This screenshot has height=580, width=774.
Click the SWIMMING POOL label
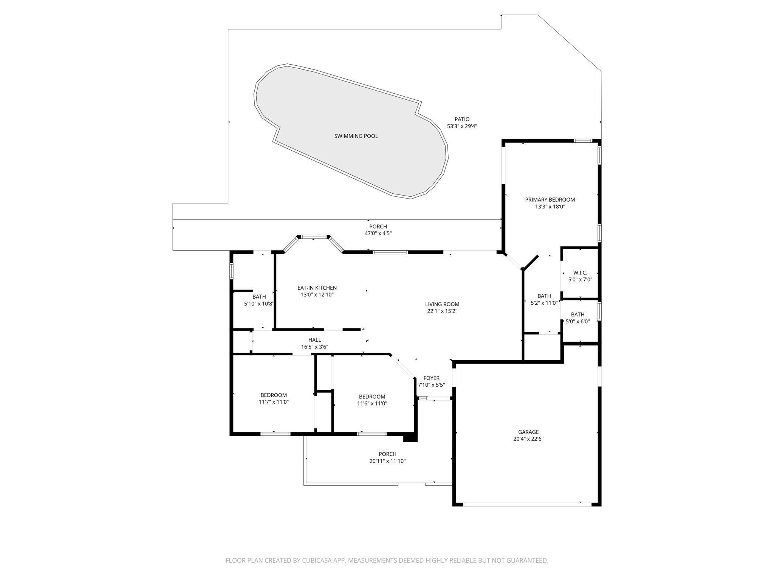[x=356, y=136]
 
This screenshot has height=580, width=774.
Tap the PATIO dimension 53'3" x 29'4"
[x=462, y=126]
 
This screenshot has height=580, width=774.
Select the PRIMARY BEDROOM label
[x=550, y=200]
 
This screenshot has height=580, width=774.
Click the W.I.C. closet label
[x=580, y=273]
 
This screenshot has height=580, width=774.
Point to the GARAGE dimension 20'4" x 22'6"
[x=528, y=439]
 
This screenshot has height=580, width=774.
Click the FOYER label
[x=431, y=378]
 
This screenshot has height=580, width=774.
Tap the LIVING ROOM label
[x=442, y=304]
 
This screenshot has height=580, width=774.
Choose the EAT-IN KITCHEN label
[x=317, y=288]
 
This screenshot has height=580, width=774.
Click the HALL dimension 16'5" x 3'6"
[x=314, y=347]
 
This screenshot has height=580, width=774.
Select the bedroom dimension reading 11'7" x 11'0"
[x=274, y=402]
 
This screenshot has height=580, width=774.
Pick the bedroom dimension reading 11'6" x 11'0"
[x=372, y=403]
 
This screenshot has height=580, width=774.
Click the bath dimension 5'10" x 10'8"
[x=259, y=304]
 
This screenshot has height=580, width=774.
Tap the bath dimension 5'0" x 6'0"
[x=577, y=321]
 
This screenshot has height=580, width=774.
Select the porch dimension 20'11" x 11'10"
[x=387, y=461]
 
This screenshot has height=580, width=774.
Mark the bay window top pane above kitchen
[x=313, y=237]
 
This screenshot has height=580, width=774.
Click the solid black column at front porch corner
[x=410, y=437]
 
